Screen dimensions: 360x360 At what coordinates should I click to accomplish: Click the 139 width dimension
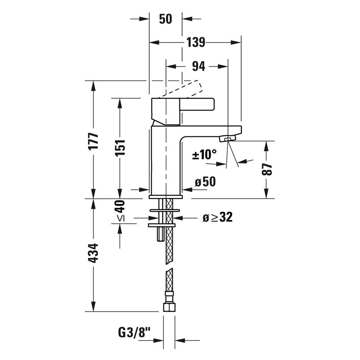[196, 42]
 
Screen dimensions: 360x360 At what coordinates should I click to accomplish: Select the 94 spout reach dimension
[198, 66]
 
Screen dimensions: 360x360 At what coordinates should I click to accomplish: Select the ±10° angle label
[205, 155]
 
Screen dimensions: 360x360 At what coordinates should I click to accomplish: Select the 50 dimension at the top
[166, 19]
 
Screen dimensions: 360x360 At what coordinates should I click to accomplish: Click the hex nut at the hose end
[169, 306]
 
